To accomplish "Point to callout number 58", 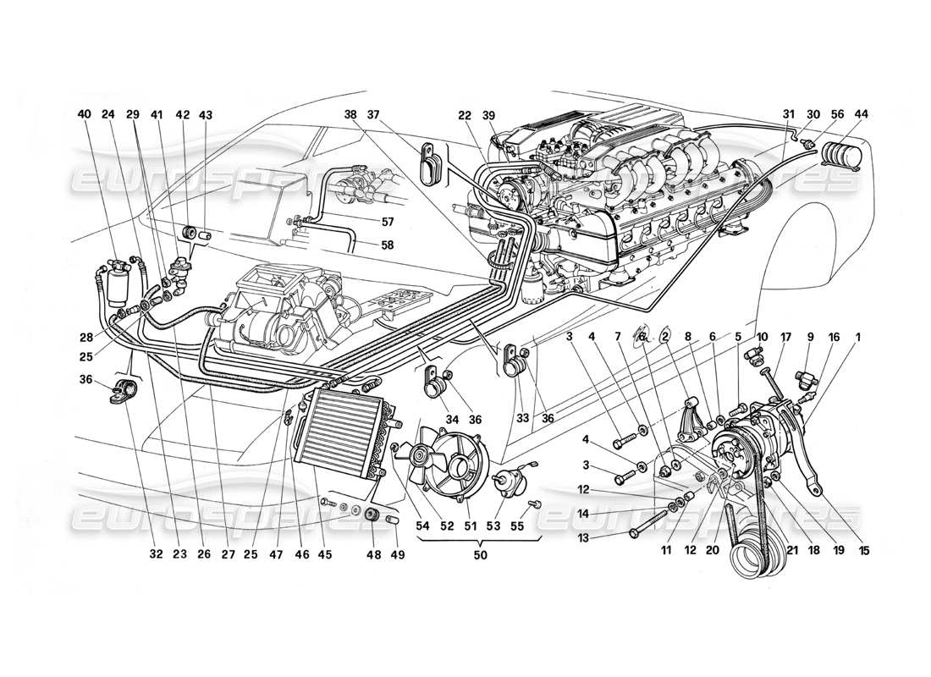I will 364,245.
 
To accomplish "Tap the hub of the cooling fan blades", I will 420,457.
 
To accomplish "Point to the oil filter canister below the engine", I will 533,289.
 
